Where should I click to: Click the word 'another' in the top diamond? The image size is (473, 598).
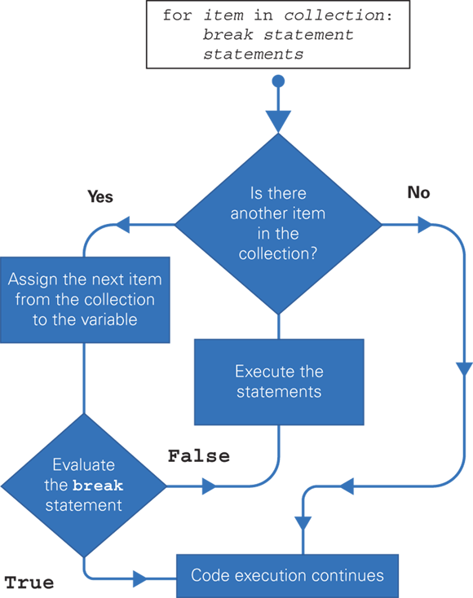point(257,214)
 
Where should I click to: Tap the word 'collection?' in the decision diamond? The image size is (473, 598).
point(278,253)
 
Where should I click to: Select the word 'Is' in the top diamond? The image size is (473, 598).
point(255,195)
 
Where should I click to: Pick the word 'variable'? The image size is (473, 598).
point(108,319)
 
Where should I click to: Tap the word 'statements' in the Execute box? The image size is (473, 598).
point(279,391)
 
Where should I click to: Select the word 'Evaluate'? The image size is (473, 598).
point(85,465)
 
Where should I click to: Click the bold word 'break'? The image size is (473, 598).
point(98,486)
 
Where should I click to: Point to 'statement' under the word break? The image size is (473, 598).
point(84,505)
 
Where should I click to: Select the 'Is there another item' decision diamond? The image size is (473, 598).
point(279,224)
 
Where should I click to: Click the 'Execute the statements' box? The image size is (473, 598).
point(279,381)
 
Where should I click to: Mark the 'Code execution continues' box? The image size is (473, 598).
point(287,576)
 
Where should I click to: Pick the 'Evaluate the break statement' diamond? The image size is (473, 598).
point(84,486)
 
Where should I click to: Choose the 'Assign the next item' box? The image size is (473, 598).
point(85,299)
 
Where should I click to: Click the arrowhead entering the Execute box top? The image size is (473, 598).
point(279,328)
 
